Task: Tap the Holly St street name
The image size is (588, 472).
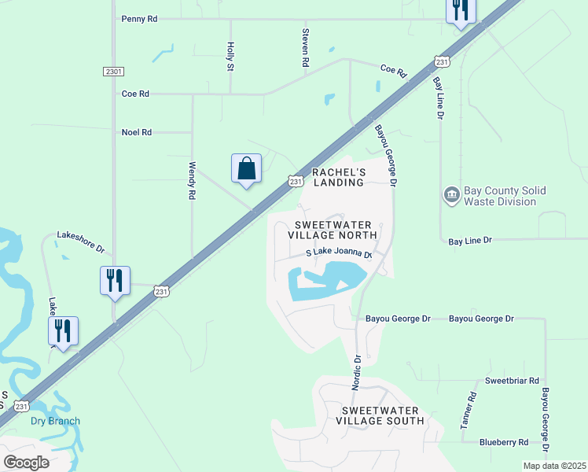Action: pyautogui.click(x=230, y=57)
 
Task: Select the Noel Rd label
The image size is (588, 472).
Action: pyautogui.click(x=136, y=132)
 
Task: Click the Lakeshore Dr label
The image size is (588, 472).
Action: pyautogui.click(x=79, y=242)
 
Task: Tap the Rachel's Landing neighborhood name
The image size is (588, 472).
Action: pyautogui.click(x=338, y=177)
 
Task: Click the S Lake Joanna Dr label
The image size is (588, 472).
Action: pyautogui.click(x=338, y=253)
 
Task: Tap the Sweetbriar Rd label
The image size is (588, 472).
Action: pyautogui.click(x=512, y=380)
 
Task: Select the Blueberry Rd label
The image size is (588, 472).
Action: pyautogui.click(x=504, y=443)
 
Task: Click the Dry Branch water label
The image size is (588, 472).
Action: pyautogui.click(x=55, y=421)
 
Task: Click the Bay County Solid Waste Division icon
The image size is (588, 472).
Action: pyautogui.click(x=451, y=195)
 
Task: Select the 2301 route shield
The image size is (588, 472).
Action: pyautogui.click(x=113, y=72)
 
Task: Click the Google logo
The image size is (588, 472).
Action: pyautogui.click(x=27, y=462)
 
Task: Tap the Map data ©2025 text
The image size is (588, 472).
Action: pyautogui.click(x=553, y=466)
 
